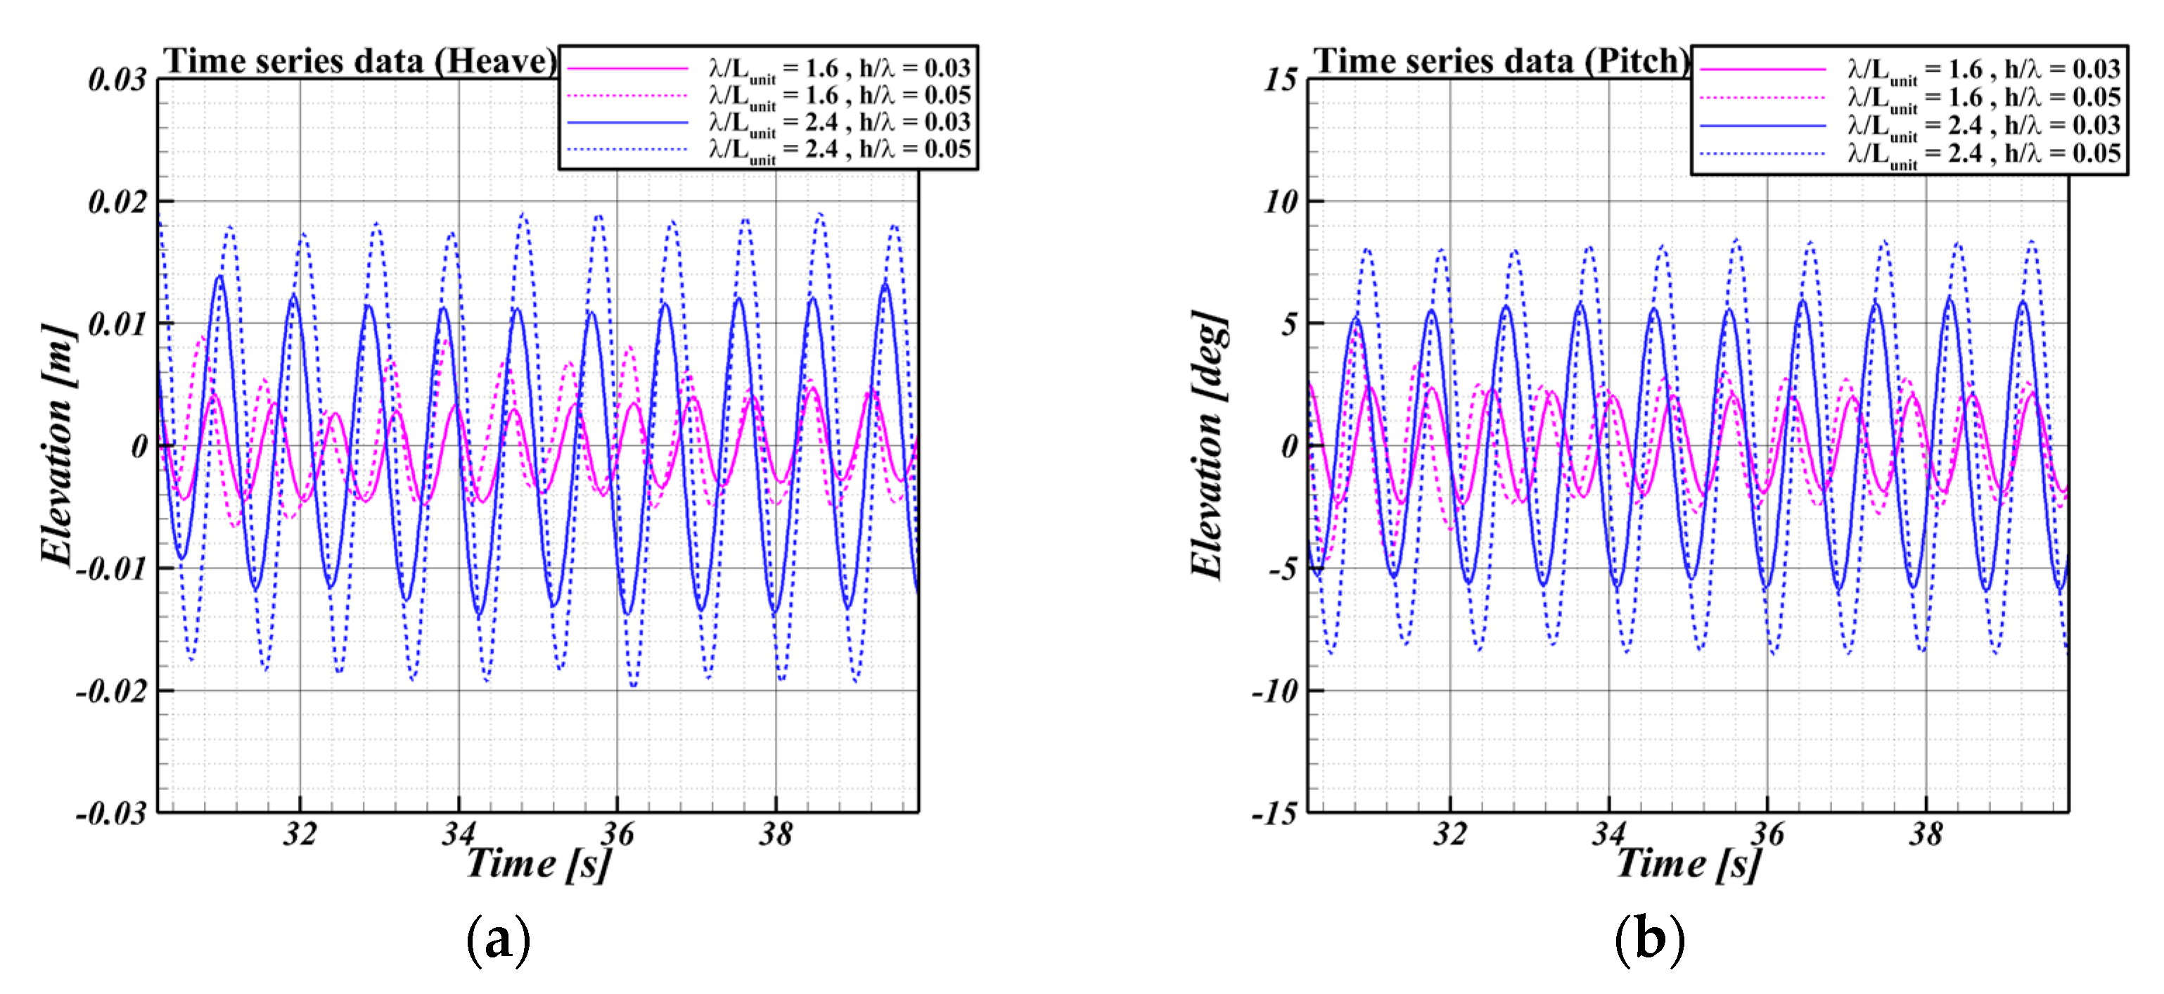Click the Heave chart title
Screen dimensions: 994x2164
point(359,61)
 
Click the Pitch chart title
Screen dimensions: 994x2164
point(1500,61)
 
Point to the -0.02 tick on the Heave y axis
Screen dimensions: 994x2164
point(113,692)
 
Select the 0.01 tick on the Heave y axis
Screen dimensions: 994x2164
point(117,324)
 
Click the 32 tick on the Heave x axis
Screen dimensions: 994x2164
point(300,834)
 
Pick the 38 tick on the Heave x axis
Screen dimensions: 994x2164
point(776,834)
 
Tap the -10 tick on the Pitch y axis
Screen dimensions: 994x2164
point(1275,692)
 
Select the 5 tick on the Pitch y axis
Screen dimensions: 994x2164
point(1288,324)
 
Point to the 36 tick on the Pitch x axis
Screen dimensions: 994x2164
point(1767,834)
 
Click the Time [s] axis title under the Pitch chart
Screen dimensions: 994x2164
point(1689,864)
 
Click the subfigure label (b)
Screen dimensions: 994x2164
point(1649,939)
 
